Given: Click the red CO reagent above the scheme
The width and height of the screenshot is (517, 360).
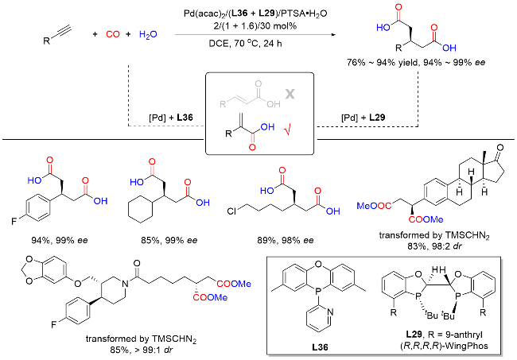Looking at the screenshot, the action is [x=113, y=34].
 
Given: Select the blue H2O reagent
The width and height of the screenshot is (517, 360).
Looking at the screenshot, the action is [x=148, y=35].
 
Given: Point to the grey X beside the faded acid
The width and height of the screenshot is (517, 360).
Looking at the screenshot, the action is [x=290, y=95].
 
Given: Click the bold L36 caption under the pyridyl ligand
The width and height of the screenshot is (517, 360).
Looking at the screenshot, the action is [x=321, y=346].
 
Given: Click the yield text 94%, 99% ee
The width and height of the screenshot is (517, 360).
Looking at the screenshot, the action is [x=60, y=241].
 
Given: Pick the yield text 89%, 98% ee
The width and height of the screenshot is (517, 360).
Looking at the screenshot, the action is [x=286, y=241].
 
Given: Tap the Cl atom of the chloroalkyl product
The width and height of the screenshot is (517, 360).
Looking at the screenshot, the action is [x=231, y=211].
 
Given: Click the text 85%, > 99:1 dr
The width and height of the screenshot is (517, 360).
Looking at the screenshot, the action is [x=142, y=350].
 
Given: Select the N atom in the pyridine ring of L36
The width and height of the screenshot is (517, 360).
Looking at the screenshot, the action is [x=331, y=312].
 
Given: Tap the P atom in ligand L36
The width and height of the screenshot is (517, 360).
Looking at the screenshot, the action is [x=317, y=291].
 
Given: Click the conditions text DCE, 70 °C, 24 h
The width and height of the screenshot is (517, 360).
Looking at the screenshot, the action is [x=245, y=44].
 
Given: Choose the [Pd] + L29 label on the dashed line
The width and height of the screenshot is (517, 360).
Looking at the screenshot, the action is [x=363, y=118].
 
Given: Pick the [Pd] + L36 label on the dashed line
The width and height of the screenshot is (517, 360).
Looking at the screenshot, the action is [x=171, y=118].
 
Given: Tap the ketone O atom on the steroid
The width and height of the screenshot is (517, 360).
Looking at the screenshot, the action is [x=500, y=148].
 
